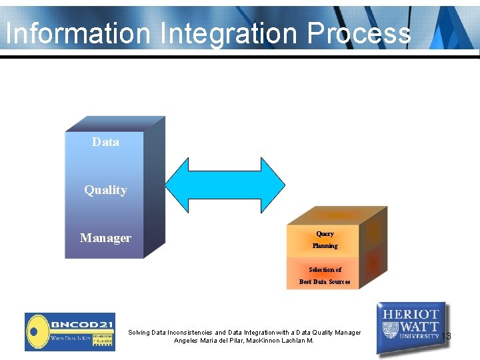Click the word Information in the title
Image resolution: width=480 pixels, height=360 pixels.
[x=76, y=33]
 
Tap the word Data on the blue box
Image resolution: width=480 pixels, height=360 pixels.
[x=105, y=142]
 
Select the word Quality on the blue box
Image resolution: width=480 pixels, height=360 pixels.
[x=105, y=190]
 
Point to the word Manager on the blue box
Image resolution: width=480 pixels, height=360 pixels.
[x=105, y=238]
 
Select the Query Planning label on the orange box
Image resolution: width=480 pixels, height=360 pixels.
[x=325, y=240]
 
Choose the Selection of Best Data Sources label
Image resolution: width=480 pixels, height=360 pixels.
[x=325, y=275]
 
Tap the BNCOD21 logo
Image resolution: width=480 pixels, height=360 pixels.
[x=69, y=331]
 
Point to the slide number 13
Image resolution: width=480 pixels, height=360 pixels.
[x=446, y=336]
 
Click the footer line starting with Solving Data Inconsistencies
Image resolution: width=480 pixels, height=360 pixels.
[x=244, y=332]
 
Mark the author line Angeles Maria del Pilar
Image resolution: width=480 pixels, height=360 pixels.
[x=244, y=341]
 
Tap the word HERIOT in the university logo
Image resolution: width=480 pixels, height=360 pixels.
[x=411, y=314]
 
